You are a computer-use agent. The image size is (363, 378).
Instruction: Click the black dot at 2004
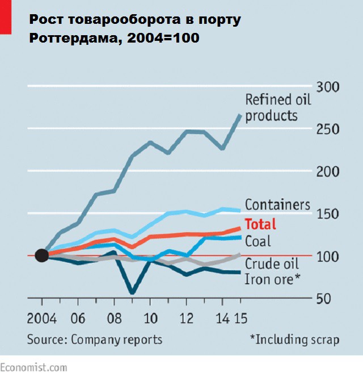point(41,255)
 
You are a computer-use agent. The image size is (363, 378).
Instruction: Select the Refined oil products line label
point(271,107)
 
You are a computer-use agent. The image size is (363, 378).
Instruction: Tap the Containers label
point(277,204)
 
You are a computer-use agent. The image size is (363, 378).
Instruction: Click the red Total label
point(260,223)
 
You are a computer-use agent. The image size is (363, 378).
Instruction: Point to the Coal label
point(258,241)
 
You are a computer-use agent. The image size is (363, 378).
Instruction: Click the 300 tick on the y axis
point(327,87)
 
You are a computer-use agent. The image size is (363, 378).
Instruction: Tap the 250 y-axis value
point(327,129)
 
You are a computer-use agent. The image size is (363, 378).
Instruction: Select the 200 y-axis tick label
point(327,171)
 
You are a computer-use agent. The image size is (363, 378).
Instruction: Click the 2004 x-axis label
point(41,317)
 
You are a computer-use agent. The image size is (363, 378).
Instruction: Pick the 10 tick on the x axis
point(149,317)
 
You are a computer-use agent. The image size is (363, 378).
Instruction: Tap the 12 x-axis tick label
point(185,317)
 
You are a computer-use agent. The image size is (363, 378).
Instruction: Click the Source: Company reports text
point(95,339)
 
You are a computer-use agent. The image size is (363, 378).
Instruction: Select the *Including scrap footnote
point(294,339)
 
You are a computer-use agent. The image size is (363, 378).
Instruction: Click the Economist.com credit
point(33,367)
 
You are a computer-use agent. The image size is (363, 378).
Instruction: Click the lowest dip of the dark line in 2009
point(132,293)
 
